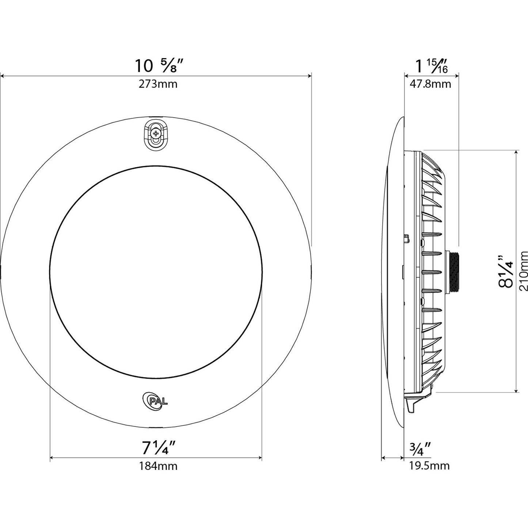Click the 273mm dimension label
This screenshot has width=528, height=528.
pos(157,84)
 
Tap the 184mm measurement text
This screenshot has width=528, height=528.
pos(157,466)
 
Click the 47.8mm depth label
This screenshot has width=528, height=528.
pos(430,84)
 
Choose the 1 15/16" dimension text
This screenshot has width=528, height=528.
pos(431,66)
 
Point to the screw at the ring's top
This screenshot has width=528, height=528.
pos(156,134)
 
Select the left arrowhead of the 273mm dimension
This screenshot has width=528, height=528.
pos(2,76)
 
